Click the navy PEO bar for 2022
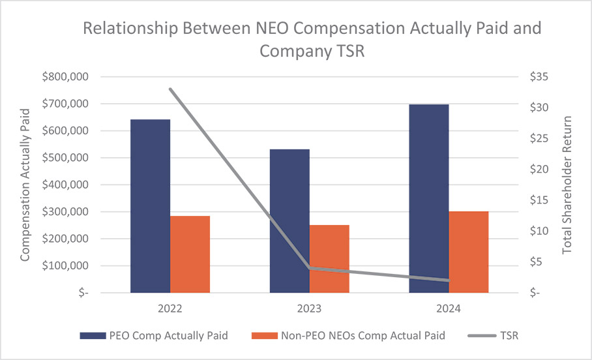point(150,206)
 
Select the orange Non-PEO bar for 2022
point(190,254)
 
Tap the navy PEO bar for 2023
point(289,221)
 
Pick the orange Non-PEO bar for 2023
point(329,259)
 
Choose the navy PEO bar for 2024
point(429,199)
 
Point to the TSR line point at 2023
point(310,268)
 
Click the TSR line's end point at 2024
point(449,280)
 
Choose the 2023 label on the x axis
point(310,308)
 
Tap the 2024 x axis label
point(449,308)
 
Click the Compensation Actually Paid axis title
point(25,185)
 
